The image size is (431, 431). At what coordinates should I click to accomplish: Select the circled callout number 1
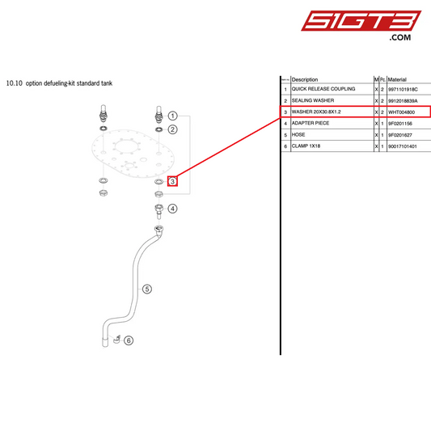click(172, 116)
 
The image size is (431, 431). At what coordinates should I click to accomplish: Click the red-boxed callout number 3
click(172, 182)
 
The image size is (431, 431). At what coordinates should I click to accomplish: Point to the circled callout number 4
click(172, 208)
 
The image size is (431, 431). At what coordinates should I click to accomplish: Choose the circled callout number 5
click(147, 288)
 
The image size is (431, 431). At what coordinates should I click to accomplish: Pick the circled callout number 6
click(128, 340)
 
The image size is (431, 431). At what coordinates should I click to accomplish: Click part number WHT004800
click(403, 112)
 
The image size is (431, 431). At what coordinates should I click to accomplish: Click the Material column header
click(397, 79)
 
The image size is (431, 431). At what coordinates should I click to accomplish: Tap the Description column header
click(305, 79)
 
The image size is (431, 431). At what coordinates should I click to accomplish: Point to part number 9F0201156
click(402, 123)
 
